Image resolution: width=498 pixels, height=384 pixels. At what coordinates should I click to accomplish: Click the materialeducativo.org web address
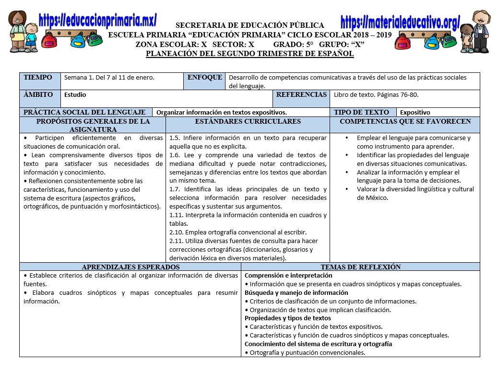400,22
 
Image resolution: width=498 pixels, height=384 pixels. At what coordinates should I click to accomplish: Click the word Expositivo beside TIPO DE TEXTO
415,113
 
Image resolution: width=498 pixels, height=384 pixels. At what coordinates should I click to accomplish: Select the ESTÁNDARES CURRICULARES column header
248,122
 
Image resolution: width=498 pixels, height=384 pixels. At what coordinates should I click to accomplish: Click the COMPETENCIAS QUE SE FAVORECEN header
405,122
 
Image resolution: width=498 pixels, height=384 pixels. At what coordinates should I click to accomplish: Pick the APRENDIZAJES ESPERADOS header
130,267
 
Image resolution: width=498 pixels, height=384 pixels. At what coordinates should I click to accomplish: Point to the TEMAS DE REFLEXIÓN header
360,267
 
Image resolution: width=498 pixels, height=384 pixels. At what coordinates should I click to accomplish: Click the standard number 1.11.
176,215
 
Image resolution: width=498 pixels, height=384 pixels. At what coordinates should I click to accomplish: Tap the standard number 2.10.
176,233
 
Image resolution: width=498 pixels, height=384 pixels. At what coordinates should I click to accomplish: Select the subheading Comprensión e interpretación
288,276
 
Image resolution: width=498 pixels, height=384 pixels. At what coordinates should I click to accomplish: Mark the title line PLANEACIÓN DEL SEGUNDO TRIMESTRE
249,54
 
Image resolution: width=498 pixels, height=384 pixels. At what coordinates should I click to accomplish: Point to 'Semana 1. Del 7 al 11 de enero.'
109,78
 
